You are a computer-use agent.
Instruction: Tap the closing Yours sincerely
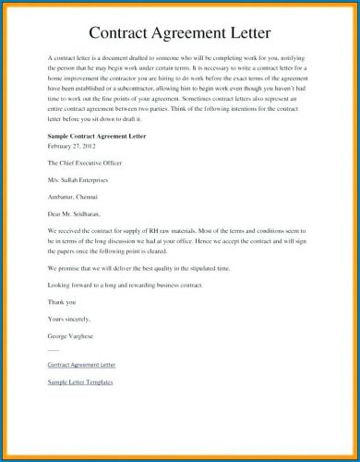click(x=70, y=319)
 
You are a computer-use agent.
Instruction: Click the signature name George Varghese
click(x=76, y=335)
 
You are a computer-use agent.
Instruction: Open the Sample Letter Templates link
click(x=88, y=383)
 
